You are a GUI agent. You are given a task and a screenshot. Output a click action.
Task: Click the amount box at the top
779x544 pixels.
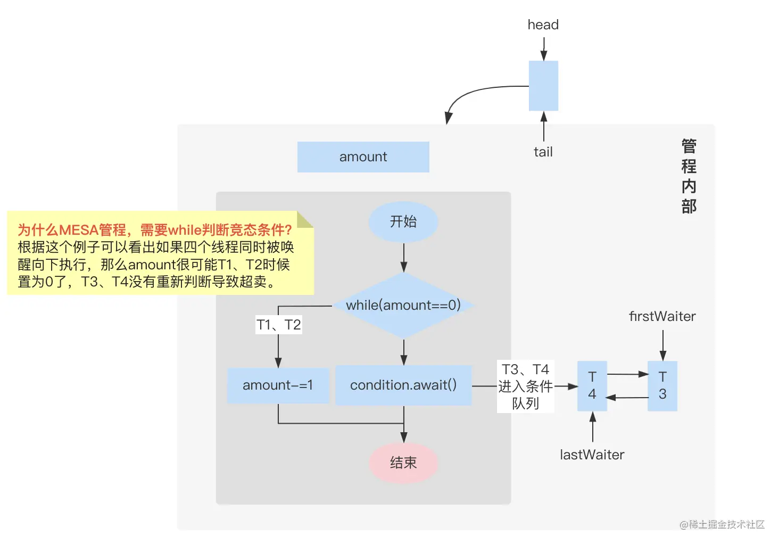[x=363, y=156]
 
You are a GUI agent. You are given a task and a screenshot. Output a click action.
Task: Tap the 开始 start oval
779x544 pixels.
[x=403, y=221]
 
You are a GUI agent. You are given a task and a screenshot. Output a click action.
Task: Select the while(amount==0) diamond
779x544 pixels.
[x=403, y=305]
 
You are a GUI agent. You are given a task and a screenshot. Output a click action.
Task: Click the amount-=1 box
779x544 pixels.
[x=278, y=385]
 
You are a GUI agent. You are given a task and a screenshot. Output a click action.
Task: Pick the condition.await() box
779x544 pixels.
[x=403, y=385]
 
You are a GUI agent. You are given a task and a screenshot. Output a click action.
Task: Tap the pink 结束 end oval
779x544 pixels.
[x=403, y=463]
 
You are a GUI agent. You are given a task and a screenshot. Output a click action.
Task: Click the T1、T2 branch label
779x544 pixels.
[x=279, y=325]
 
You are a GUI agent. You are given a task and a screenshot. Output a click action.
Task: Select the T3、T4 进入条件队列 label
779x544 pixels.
[x=525, y=386]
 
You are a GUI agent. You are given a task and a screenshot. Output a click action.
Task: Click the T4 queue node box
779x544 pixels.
[x=592, y=386]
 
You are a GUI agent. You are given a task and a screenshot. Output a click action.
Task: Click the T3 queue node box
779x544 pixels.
[x=662, y=386]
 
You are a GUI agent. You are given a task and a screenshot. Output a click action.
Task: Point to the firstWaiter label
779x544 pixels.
[x=662, y=316]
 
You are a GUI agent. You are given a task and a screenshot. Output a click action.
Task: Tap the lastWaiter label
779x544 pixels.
[x=592, y=455]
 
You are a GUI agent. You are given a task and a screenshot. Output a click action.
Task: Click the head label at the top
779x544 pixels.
[x=543, y=24]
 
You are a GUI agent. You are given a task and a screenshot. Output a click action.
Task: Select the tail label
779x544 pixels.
[x=543, y=152]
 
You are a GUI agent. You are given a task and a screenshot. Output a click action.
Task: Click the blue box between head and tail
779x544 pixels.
[x=543, y=86]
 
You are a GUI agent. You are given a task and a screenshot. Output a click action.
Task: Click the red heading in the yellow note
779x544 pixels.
[x=155, y=230]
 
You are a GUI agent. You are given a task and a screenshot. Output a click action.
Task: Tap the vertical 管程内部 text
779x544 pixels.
[x=689, y=176]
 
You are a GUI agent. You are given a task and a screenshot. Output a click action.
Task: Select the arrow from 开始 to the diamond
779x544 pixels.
[x=404, y=258]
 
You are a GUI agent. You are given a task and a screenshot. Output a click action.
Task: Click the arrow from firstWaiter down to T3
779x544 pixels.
[x=662, y=345]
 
